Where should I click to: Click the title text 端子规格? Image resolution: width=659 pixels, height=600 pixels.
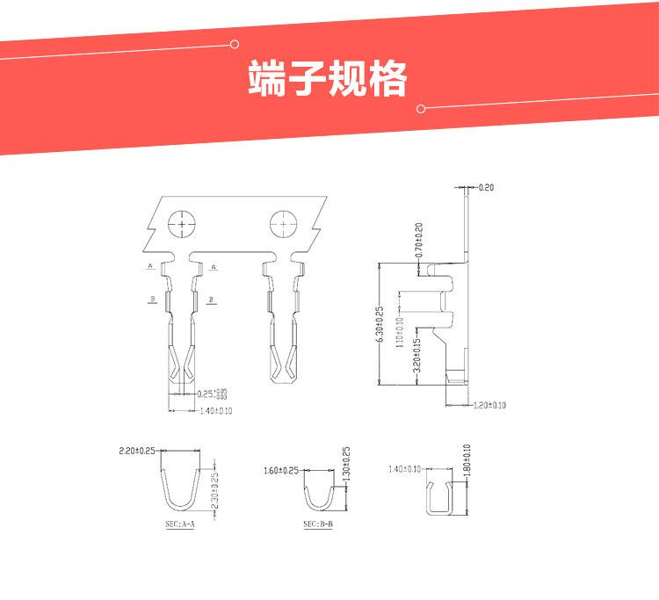point(328,80)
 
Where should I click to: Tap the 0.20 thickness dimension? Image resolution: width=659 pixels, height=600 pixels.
point(487,187)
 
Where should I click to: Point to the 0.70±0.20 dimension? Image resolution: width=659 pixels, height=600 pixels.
point(419,240)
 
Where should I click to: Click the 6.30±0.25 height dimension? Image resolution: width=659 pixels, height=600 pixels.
point(380,325)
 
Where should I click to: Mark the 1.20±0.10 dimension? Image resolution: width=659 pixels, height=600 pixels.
point(490,405)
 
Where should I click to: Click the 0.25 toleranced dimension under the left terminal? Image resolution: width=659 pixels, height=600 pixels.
point(211,394)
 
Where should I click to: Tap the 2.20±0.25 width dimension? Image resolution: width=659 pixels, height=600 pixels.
point(136,451)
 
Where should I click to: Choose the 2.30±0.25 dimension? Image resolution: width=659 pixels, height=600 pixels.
point(215,494)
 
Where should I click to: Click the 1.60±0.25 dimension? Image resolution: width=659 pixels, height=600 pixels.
point(280,470)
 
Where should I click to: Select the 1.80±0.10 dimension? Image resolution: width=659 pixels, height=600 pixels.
point(467,460)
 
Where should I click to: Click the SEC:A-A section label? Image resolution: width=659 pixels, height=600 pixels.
point(179,524)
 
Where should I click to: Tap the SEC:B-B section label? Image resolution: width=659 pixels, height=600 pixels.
point(317,524)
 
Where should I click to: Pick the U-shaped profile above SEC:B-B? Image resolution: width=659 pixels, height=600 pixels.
point(319,500)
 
